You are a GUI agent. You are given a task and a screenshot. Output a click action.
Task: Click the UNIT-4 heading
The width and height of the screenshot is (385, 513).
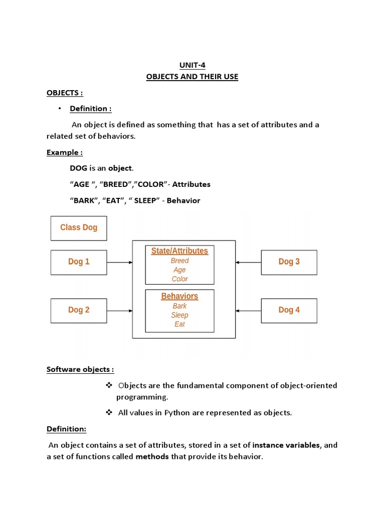[x=192, y=65]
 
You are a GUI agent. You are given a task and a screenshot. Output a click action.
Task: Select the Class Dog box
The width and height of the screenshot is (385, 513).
[x=79, y=227]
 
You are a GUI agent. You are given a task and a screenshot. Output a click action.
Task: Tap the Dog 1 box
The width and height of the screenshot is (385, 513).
[x=79, y=262]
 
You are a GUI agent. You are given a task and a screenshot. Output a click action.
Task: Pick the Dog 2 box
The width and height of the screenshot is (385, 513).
[x=79, y=310]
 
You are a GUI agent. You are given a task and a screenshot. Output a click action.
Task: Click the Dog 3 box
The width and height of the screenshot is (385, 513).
[x=289, y=262]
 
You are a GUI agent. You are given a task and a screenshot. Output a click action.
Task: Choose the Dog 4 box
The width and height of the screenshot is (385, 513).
[x=289, y=310]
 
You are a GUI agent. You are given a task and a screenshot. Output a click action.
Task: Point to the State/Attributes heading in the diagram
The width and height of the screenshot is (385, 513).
[x=179, y=251]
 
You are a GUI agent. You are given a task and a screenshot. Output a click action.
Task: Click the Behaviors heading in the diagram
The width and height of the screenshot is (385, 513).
[x=179, y=296]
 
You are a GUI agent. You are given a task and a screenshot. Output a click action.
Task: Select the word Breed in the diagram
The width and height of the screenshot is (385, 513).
[x=179, y=261]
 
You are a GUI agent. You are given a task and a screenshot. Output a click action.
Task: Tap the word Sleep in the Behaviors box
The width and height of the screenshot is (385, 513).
[x=179, y=315]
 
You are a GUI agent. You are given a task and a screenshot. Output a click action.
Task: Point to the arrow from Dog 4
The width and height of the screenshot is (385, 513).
[x=248, y=311]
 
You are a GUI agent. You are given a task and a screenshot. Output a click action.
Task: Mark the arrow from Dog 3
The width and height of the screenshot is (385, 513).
[x=248, y=262]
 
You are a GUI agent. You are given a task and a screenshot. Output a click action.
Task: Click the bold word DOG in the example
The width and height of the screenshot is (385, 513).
[x=79, y=168]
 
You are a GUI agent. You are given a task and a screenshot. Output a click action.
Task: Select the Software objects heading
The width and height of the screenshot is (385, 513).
[x=80, y=369]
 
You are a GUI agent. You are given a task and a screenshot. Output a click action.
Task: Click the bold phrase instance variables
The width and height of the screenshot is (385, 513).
[x=286, y=445]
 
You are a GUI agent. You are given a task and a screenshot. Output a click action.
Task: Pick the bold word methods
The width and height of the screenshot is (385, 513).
[x=152, y=457]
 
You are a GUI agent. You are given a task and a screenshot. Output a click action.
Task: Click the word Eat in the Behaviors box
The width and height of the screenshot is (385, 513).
[x=179, y=324]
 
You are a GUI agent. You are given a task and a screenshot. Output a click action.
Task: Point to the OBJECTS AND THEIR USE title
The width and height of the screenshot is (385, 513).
[x=192, y=77]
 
